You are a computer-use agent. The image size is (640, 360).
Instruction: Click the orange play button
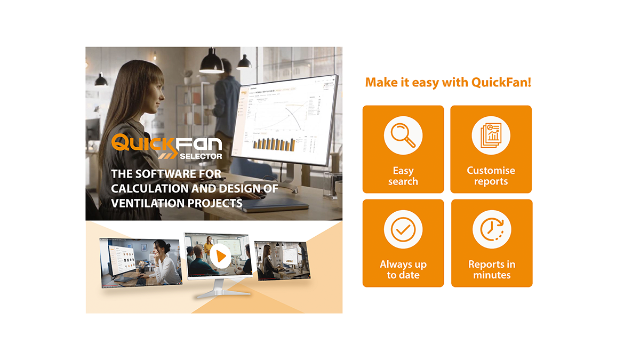pos(220,257)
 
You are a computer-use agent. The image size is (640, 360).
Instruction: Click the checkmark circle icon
pos(403,229)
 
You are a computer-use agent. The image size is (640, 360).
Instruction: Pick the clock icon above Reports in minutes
pos(491,229)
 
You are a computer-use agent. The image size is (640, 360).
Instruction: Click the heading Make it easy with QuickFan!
pos(448,83)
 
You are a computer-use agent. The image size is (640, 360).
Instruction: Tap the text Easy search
pos(403,176)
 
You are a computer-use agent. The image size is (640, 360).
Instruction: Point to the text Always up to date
pos(403,270)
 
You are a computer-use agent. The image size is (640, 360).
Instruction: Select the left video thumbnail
pos(140,261)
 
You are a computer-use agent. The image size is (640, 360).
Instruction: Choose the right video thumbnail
pos(282,260)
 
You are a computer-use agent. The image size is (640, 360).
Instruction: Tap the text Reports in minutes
pos(492,270)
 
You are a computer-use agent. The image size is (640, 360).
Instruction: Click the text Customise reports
pos(491,176)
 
